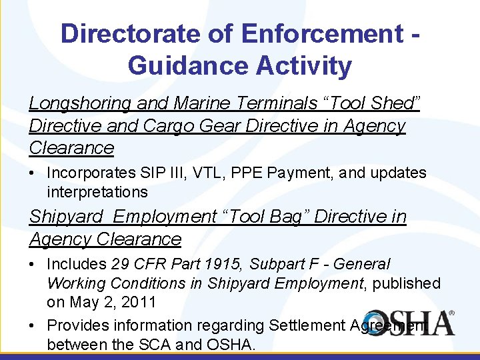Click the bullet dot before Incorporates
pyautogui.click(x=33, y=173)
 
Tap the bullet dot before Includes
pyautogui.click(x=33, y=265)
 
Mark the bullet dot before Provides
pyautogui.click(x=33, y=325)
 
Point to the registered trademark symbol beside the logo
pyautogui.click(x=451, y=313)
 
